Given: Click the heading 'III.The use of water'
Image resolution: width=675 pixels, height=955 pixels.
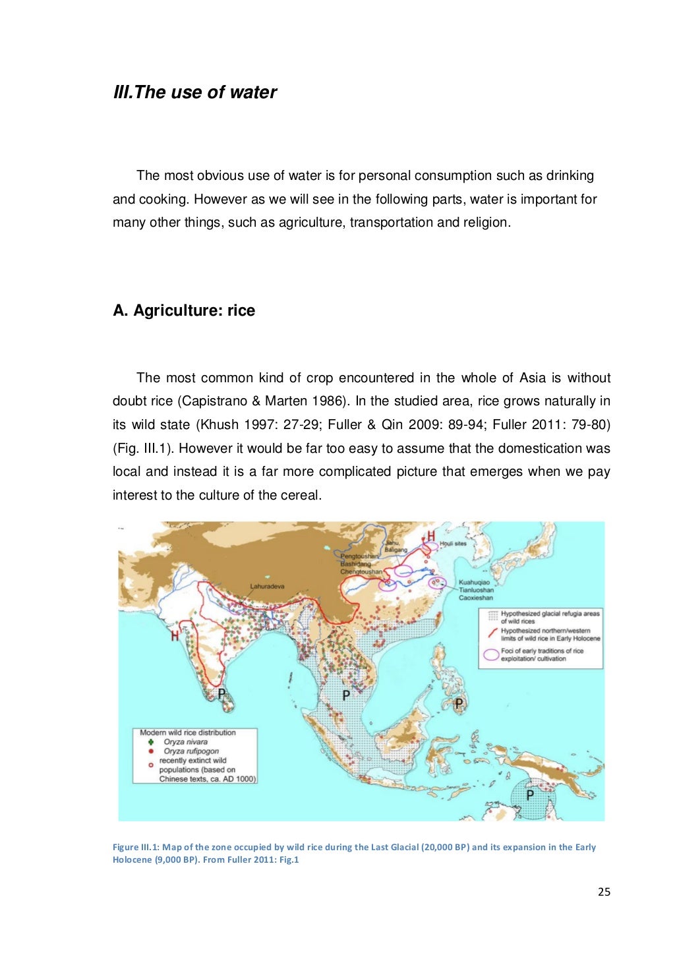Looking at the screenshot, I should click(x=195, y=92).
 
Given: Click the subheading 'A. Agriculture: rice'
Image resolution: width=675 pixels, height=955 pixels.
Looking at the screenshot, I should click(x=184, y=310).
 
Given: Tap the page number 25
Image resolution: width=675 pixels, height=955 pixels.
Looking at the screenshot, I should click(x=604, y=892).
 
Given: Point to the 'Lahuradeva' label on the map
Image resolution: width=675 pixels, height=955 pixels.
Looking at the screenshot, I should click(x=267, y=586).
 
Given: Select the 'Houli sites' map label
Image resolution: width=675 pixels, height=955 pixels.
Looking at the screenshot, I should click(x=453, y=544).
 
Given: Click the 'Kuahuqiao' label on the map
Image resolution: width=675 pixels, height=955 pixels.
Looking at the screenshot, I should click(x=474, y=583).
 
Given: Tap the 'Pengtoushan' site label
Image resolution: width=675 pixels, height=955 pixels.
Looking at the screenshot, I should click(x=359, y=557).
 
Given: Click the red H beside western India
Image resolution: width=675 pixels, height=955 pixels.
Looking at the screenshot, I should click(x=175, y=636).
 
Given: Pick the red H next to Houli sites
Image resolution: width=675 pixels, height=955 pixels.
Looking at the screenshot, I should click(x=430, y=535).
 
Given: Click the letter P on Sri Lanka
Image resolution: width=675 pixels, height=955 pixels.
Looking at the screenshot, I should click(x=221, y=693).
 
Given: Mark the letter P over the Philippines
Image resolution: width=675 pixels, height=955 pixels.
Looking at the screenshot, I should click(x=459, y=704).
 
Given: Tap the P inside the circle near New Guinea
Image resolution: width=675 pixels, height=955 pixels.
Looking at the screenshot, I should click(x=529, y=796).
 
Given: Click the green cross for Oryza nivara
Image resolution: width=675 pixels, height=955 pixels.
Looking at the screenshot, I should click(x=151, y=742).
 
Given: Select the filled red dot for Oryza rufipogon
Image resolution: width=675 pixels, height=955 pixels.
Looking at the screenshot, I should click(x=151, y=751).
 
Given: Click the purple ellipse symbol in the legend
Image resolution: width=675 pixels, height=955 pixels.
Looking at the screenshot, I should click(x=490, y=654).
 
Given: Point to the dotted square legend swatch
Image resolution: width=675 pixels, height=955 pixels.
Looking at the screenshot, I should click(x=491, y=616).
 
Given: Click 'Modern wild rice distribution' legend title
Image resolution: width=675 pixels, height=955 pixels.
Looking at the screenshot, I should click(x=188, y=732).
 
